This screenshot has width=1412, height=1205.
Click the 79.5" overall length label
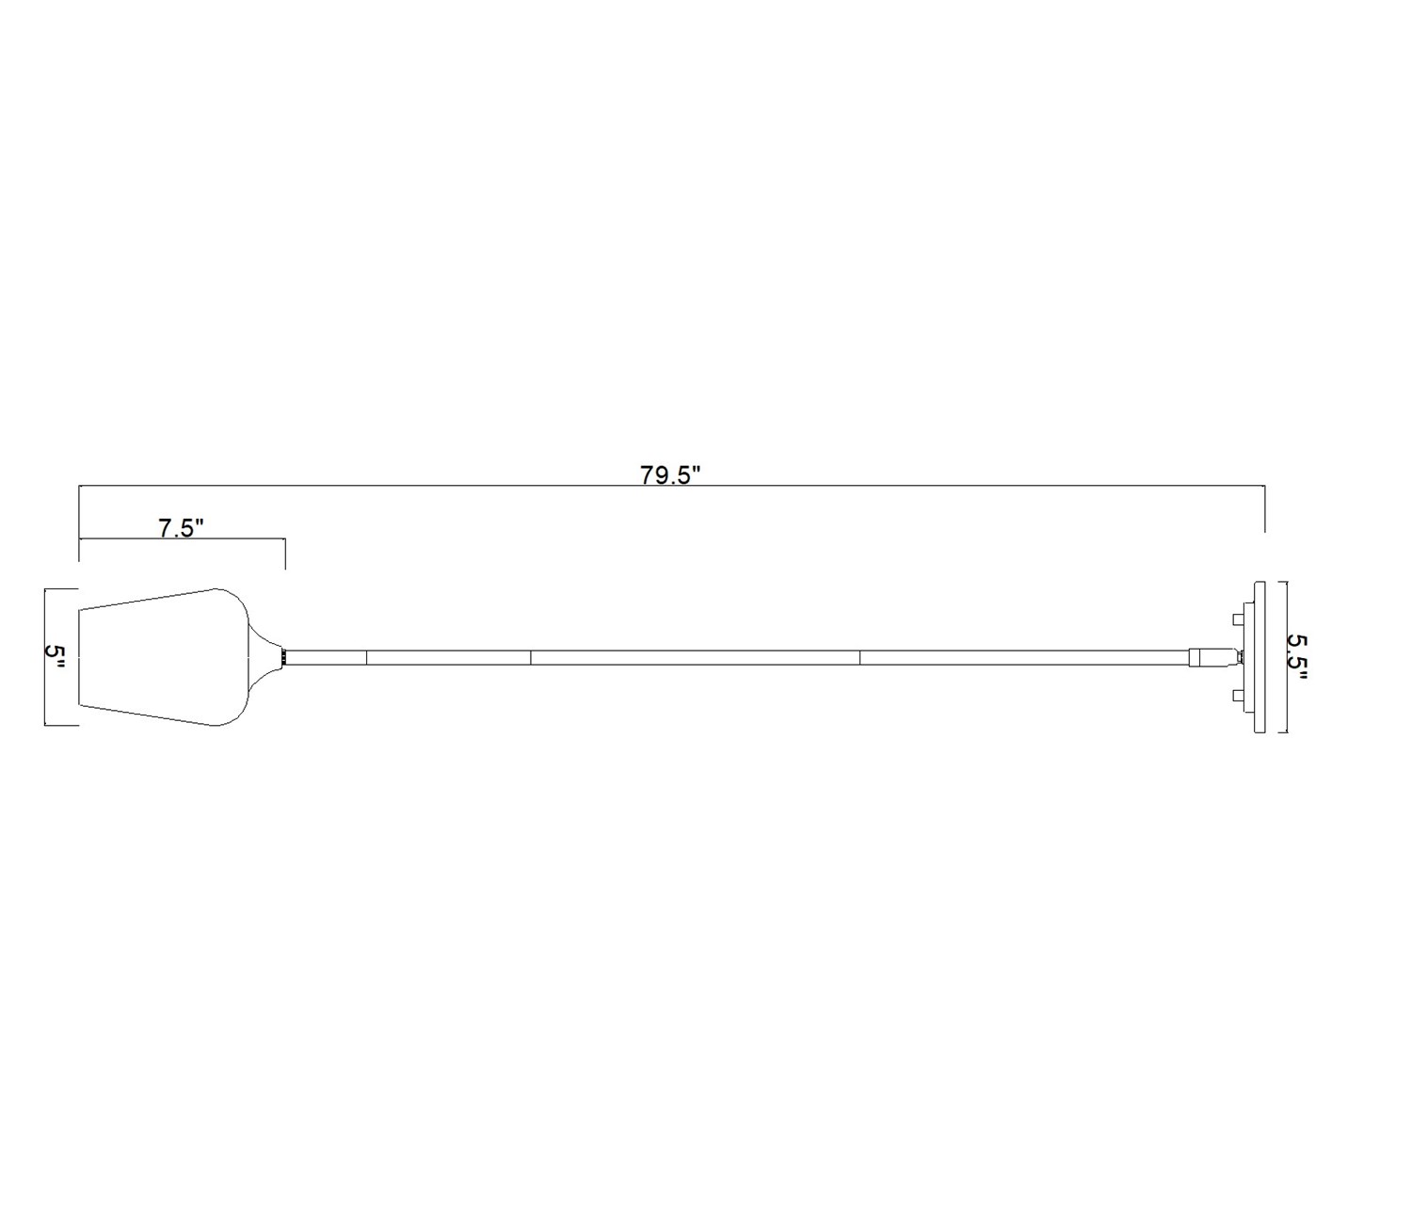pos(671,474)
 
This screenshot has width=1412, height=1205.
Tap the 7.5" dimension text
pos(181,528)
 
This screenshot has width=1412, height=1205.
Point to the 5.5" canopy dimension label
pos(1298,657)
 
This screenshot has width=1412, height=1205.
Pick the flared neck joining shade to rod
pos(265,656)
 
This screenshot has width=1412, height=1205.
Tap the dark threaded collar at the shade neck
pos(284,657)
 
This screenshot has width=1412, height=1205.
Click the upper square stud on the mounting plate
pos(1239,619)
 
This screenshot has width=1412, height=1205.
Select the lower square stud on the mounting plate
pos(1239,696)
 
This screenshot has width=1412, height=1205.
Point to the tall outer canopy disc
pos(1260,658)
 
